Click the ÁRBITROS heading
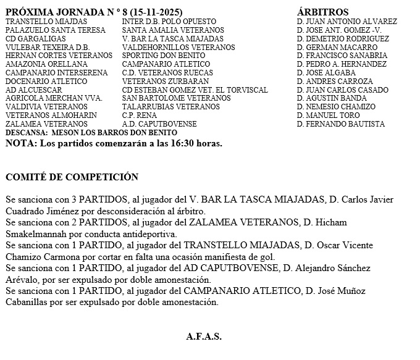coord(322,12)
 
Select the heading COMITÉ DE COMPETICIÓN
coord(72,177)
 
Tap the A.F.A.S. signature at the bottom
coord(204,337)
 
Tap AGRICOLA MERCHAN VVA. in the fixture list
coord(53,98)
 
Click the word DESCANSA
coord(26,133)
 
